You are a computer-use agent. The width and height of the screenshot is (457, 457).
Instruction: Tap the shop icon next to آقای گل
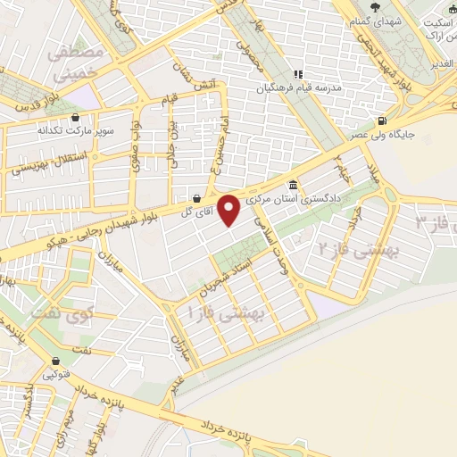tap(195, 198)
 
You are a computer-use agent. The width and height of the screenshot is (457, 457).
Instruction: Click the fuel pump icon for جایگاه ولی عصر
tap(383, 121)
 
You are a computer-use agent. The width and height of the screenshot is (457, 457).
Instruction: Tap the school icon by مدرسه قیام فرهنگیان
tap(300, 75)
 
